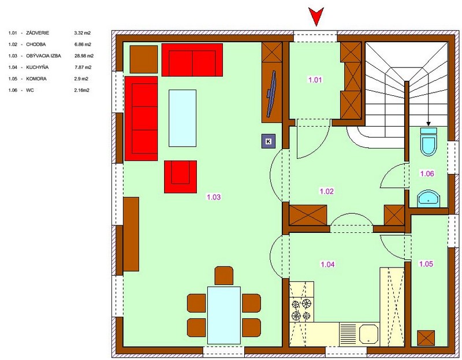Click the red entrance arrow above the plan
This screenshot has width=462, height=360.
coord(316,16)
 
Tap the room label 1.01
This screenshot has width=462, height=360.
coord(315,80)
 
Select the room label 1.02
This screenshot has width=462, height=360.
coord(327,191)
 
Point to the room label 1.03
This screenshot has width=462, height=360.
coord(214,197)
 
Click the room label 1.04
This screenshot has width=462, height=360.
coord(327,264)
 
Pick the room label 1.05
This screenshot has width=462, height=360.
coord(426,263)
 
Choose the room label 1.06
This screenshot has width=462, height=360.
coord(427,173)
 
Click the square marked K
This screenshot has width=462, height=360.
coord(269,141)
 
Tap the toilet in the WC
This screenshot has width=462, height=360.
coord(429,142)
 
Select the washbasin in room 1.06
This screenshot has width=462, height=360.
coord(429,198)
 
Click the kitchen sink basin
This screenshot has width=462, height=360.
coord(368,335)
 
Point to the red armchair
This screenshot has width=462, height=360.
coord(180,177)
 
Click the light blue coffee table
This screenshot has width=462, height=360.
coord(182,118)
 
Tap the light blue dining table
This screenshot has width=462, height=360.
coord(224,315)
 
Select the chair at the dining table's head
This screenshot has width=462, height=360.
coord(224,276)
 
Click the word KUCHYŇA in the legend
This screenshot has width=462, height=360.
coord(38,67)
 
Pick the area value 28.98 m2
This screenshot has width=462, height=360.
coord(84,55)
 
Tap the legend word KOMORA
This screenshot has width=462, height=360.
coord(36,79)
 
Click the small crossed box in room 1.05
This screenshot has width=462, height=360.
coord(426,338)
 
